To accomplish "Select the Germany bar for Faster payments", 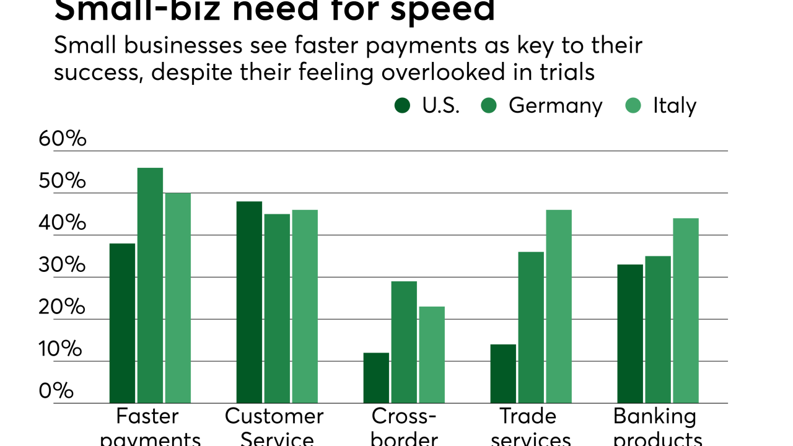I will (x=150, y=286).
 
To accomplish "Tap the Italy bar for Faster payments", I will (x=178, y=298).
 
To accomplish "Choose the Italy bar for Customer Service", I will (x=305, y=307).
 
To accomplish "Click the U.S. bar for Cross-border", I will (x=376, y=378).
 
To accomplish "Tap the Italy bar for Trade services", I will (x=559, y=307).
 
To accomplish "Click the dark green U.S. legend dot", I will (x=402, y=106).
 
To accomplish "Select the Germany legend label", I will (x=555, y=106).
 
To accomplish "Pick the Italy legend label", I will (x=674, y=106).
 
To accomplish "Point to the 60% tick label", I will (x=62, y=139).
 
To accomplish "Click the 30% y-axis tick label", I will (x=62, y=265).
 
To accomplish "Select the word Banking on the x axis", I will (x=654, y=416).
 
